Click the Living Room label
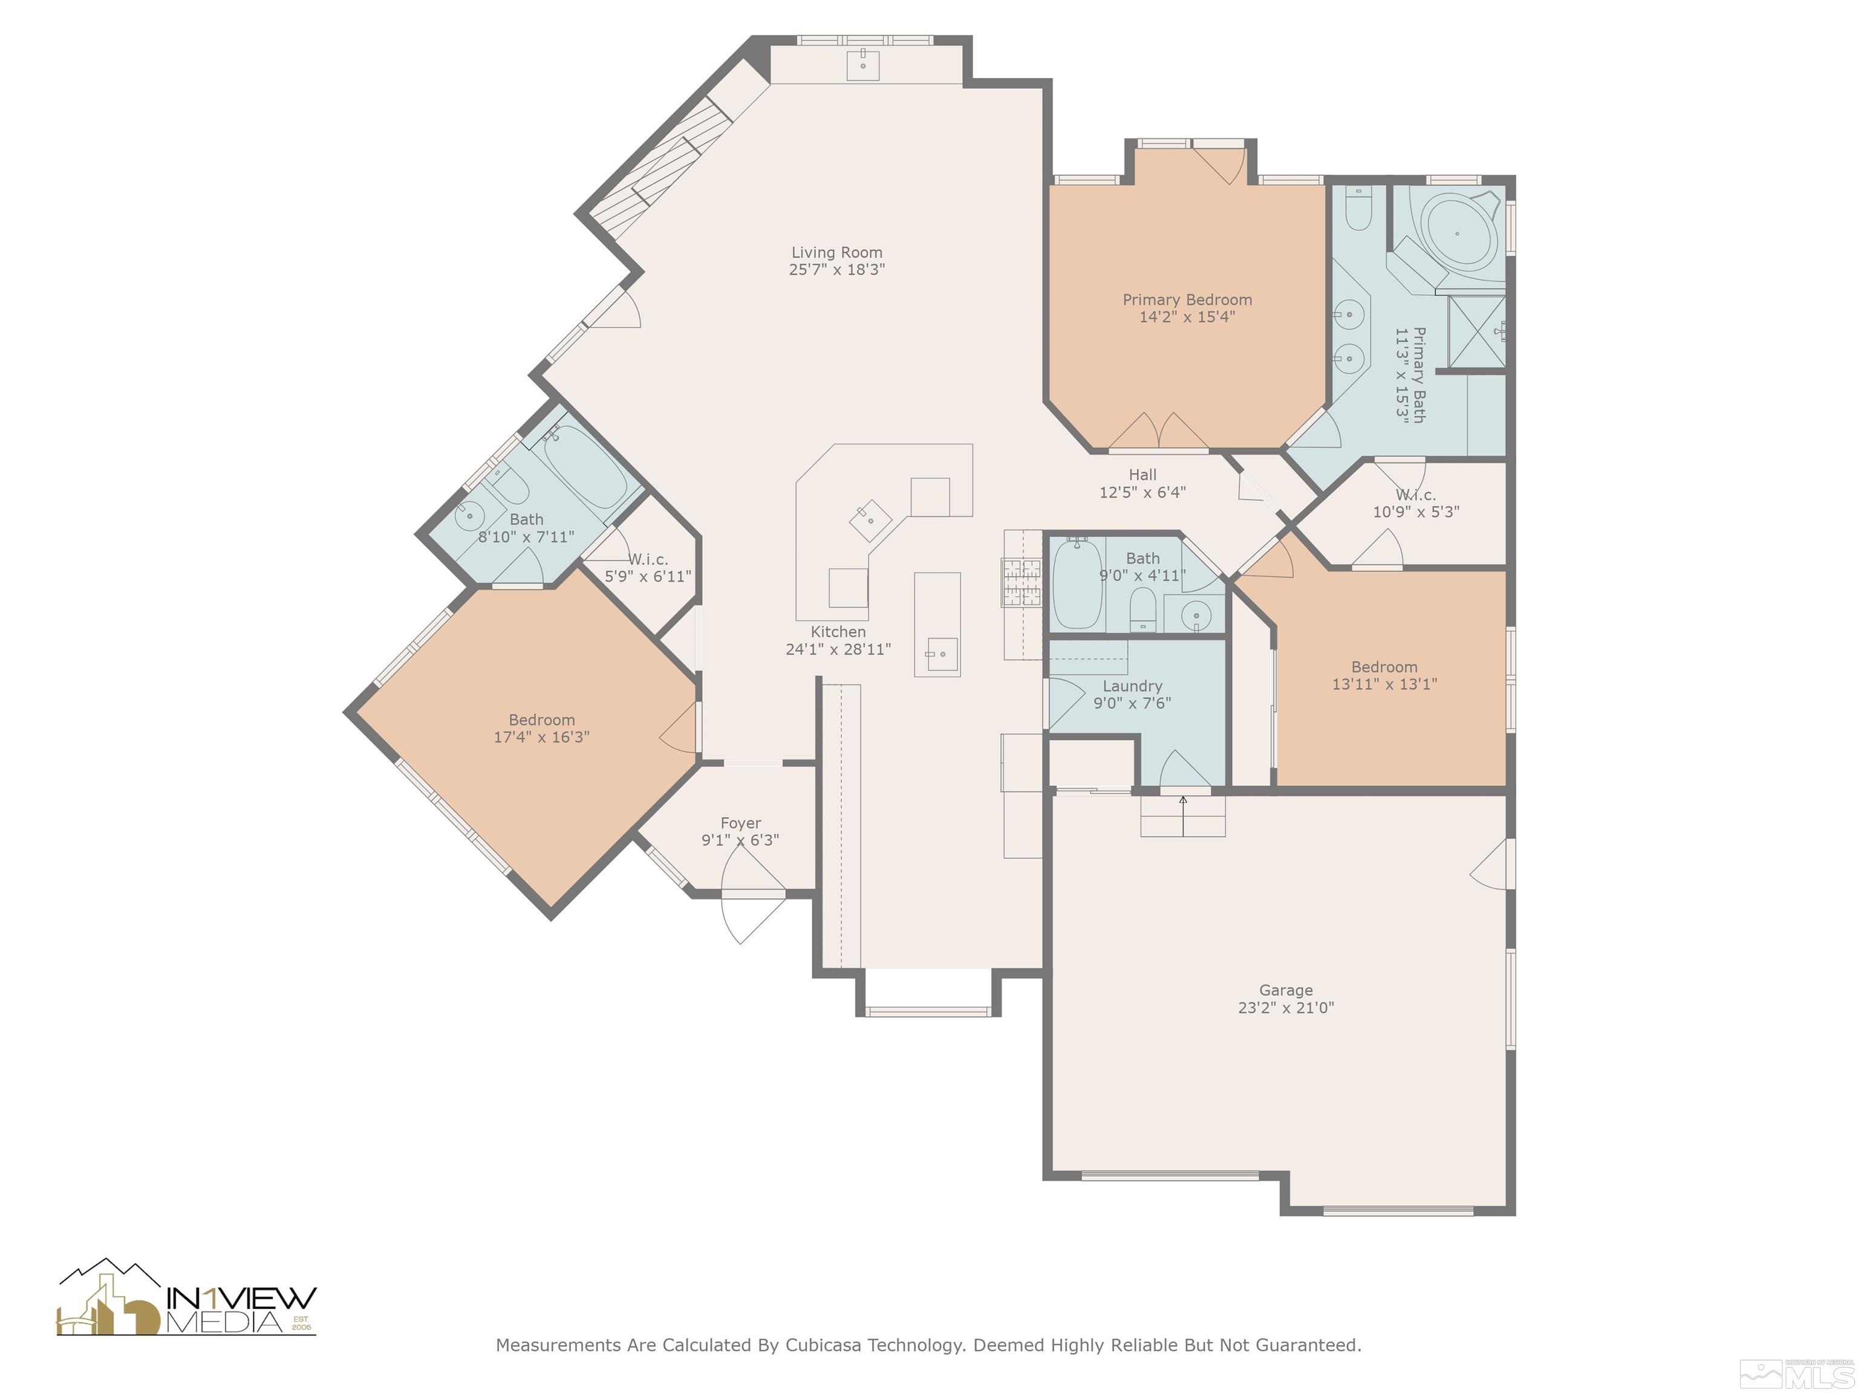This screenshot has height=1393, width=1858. click(836, 253)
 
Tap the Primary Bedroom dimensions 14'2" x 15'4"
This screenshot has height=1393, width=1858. click(1187, 317)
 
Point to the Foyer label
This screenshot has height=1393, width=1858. click(741, 823)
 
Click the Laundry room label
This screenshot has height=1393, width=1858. click(1132, 687)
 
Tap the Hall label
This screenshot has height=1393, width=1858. click(1143, 475)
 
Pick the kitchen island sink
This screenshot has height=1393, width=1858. click(940, 655)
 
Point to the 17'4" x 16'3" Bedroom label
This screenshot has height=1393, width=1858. click(542, 729)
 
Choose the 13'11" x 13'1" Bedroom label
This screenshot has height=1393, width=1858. click(1384, 676)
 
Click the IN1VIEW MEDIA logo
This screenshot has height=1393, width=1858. click(186, 1298)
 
